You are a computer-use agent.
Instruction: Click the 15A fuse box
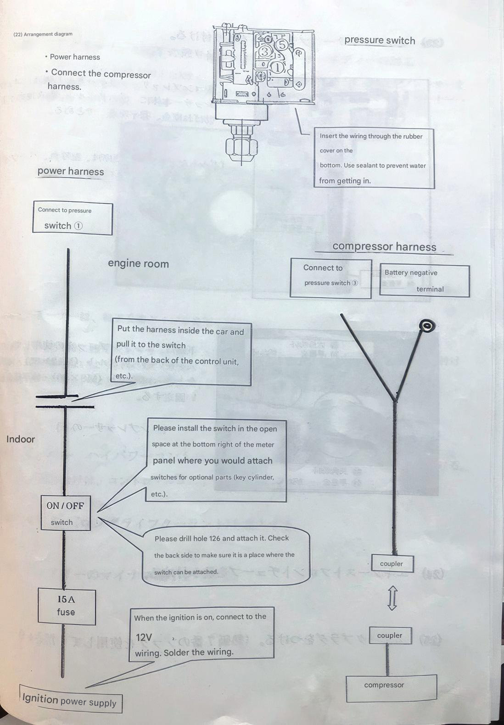67,606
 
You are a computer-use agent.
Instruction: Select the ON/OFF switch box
65,513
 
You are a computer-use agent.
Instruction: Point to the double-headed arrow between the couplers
392,598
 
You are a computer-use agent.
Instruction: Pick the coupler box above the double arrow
392,563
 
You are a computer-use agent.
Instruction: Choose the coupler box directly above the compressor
390,636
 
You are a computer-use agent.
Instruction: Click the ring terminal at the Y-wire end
427,326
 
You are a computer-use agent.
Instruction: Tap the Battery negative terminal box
424,280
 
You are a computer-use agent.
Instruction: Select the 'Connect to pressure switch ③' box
330,278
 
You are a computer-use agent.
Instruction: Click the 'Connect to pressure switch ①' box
73,218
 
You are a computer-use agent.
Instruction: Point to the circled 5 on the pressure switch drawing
282,45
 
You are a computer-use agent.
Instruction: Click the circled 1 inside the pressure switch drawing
278,67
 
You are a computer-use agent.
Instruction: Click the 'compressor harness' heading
384,246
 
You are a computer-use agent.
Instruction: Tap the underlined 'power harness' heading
71,172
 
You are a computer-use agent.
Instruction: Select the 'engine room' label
138,264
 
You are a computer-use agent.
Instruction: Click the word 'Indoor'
21,439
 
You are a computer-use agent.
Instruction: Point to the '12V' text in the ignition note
144,637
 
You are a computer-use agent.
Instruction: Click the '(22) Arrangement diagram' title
43,34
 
